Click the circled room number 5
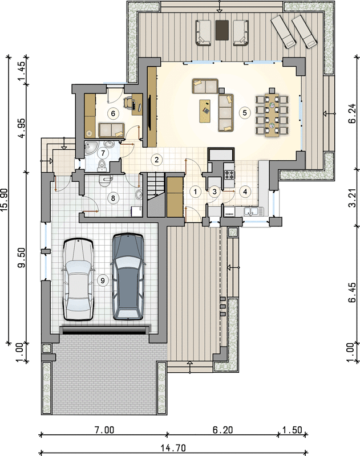tap(244, 112)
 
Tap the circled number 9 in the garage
tap(103, 280)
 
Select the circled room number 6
tap(113, 113)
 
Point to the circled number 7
tap(103, 153)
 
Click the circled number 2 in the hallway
tap(157, 160)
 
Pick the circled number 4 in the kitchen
tap(245, 192)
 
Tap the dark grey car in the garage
tap(127, 276)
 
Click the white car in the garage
tap(78, 279)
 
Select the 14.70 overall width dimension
tap(173, 448)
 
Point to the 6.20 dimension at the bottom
tap(223, 430)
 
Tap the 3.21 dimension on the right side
tap(352, 198)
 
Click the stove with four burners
tap(229, 174)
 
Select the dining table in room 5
tap(272, 116)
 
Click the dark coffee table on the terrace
tap(222, 30)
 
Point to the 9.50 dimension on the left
tap(22, 258)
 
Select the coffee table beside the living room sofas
tap(205, 111)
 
